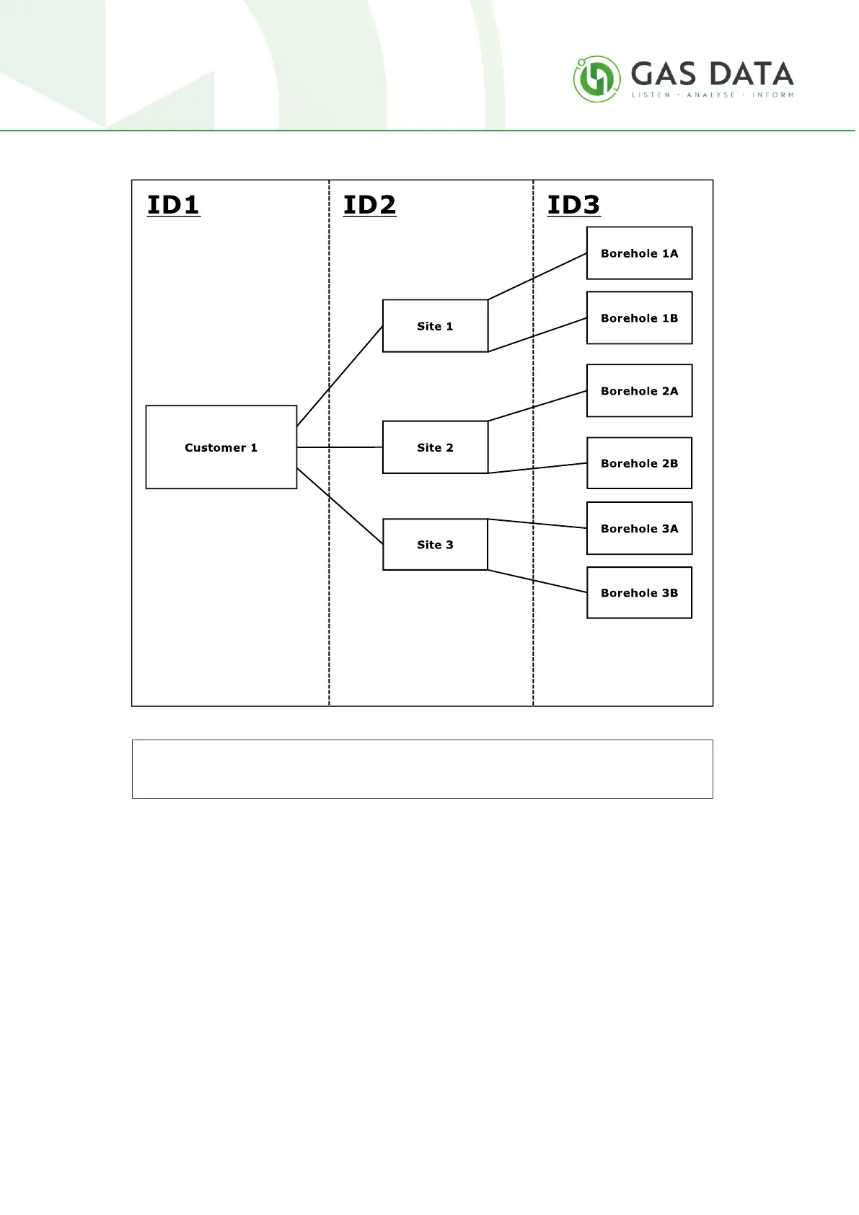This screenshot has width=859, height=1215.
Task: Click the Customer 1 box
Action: [x=221, y=447]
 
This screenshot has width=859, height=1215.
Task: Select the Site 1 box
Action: [x=435, y=326]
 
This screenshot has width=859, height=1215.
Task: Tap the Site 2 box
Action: [x=435, y=447]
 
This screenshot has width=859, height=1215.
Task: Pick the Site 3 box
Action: [x=435, y=545]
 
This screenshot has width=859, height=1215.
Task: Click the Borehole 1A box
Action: [x=639, y=253]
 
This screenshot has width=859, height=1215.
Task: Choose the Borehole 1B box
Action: [x=639, y=318]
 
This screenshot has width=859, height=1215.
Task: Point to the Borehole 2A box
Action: [x=639, y=391]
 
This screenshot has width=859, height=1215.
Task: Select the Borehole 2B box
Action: [x=639, y=463]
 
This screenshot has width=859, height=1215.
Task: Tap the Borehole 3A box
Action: [x=639, y=528]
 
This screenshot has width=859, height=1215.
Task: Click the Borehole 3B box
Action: [x=639, y=593]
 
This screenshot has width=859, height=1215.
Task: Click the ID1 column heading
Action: [x=173, y=205]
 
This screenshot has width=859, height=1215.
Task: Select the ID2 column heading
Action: [x=369, y=205]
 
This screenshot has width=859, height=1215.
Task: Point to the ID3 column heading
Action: [x=573, y=205]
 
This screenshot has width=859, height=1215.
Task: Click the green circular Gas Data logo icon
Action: [x=596, y=79]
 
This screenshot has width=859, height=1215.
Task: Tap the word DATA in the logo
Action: [x=752, y=74]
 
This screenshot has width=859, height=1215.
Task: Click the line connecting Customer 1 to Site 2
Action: [x=339, y=447]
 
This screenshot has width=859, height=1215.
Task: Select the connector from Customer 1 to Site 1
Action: [x=339, y=377]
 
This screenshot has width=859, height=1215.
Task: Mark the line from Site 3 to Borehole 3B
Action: [x=537, y=582]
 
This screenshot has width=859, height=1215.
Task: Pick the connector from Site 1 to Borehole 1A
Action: [x=537, y=276]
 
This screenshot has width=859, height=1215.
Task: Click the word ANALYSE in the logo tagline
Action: [x=710, y=95]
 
